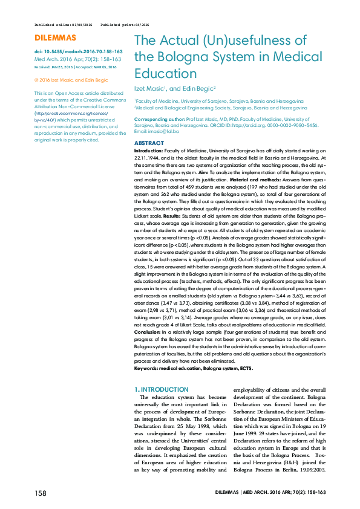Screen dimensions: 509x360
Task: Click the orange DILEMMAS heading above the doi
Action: click(x=51, y=38)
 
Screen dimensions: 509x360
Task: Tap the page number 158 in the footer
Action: click(x=41, y=493)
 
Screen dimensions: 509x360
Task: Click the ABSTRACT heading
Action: click(x=148, y=143)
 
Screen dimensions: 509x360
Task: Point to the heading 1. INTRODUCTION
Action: click(x=160, y=389)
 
